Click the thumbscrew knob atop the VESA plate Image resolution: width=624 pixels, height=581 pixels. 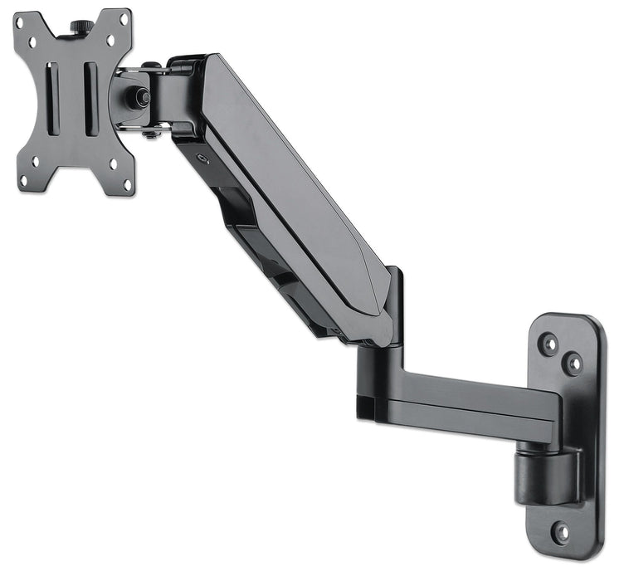[82, 27]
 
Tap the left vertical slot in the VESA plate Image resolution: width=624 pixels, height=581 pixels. [53, 98]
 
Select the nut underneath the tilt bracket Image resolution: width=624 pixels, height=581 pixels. [149, 133]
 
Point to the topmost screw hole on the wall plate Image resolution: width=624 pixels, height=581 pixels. [548, 342]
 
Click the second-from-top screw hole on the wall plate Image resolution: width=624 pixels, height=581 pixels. [572, 363]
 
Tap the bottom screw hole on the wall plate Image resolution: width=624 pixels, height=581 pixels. [562, 531]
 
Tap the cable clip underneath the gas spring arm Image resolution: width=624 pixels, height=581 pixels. [249, 241]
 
